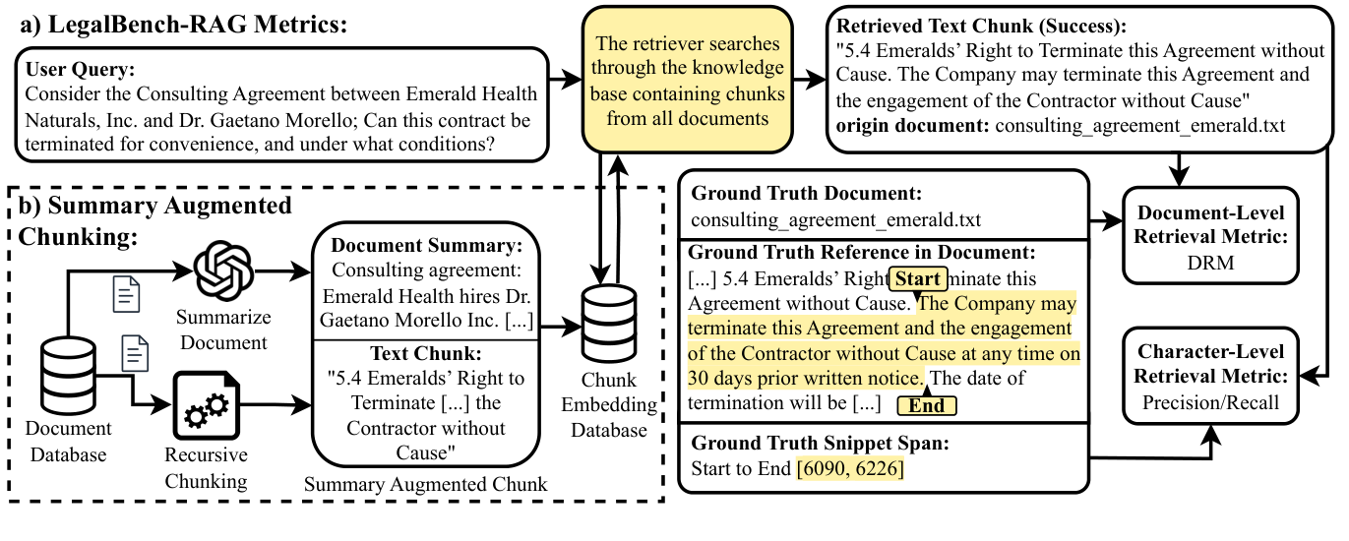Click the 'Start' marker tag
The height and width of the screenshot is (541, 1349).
click(x=919, y=278)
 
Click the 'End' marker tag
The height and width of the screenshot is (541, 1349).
click(x=926, y=405)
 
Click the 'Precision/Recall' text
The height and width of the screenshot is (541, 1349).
click(x=1210, y=401)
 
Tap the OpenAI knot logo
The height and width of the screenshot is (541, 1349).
click(x=222, y=270)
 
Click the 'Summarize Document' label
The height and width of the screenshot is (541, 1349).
click(x=222, y=330)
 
